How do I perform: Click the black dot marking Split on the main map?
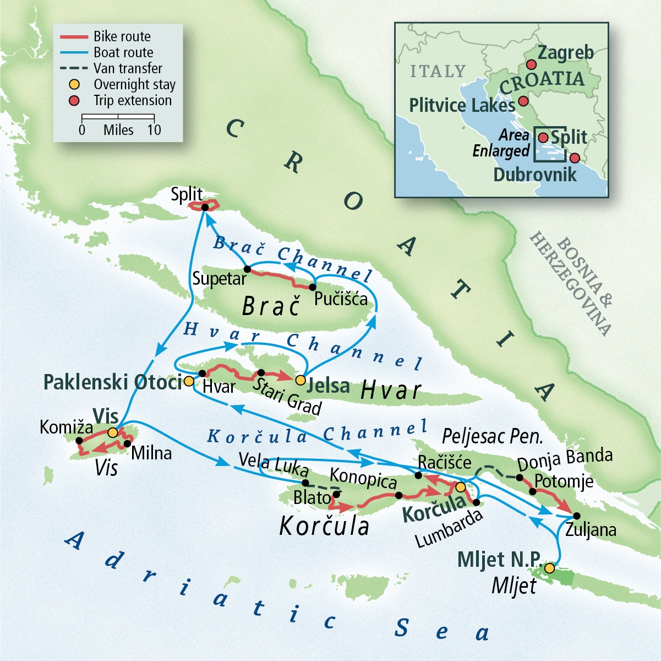(205, 207)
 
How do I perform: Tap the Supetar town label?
(219, 279)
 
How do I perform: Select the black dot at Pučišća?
(313, 287)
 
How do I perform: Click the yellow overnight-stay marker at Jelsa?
(300, 380)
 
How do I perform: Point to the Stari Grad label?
(287, 396)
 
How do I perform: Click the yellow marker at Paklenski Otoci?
(188, 381)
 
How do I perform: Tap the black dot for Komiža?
(79, 441)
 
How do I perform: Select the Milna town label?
(151, 453)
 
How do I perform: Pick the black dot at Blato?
(336, 494)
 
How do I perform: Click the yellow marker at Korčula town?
(461, 487)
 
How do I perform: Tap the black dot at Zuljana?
(576, 516)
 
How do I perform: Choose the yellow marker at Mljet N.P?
(549, 568)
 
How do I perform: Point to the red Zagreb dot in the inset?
(531, 64)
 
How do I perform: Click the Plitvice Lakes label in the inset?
(462, 105)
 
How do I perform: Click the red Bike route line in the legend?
(74, 37)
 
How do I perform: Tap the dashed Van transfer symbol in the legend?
(74, 69)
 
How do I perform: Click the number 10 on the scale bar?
(154, 130)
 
